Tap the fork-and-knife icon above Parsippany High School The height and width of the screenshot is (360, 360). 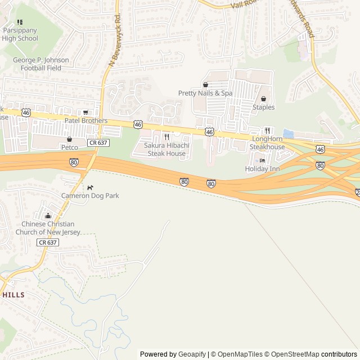point(20,22)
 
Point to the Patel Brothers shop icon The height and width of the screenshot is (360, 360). point(85,112)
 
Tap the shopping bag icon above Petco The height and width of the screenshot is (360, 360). point(69,139)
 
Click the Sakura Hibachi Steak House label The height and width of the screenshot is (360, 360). point(166,149)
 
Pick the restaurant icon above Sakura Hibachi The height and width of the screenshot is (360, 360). point(166,137)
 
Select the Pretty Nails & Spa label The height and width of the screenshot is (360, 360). point(205,93)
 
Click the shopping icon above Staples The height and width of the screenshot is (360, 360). point(263,98)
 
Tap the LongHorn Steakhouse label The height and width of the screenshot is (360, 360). point(267,143)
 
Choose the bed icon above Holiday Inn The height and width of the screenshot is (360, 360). point(262,160)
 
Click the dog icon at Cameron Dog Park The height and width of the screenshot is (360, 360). point(90,187)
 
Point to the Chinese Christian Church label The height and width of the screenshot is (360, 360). point(48,228)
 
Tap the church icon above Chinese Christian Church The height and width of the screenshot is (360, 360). point(48,215)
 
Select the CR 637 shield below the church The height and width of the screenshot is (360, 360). point(48,242)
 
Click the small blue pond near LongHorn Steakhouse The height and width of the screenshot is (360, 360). point(289,134)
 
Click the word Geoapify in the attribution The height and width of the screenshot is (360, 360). point(192,354)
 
